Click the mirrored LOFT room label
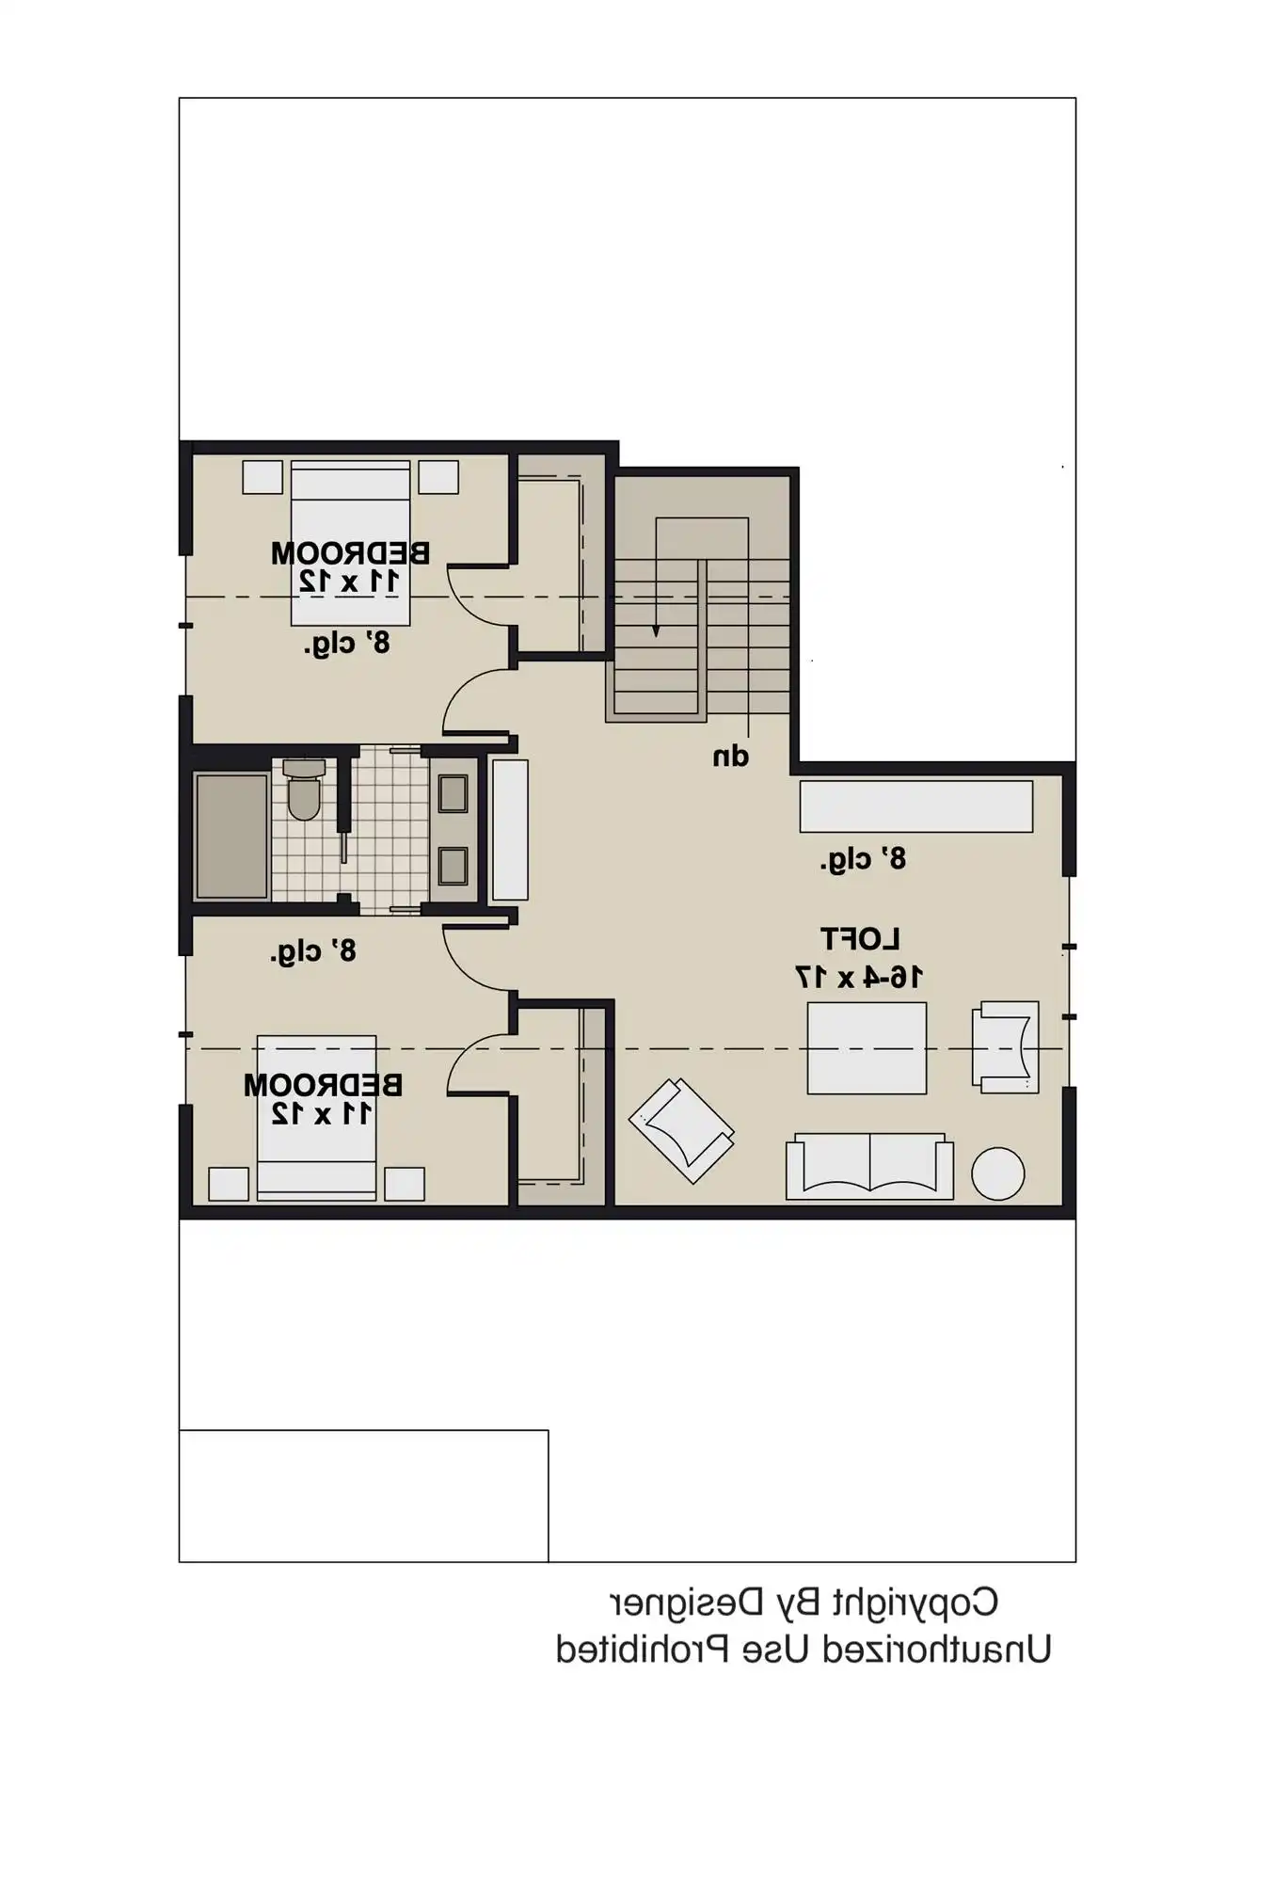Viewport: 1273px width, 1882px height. (860, 939)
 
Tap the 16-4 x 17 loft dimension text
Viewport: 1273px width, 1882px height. (858, 977)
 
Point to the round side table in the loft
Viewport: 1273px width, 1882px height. (997, 1173)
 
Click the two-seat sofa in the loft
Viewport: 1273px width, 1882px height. (869, 1167)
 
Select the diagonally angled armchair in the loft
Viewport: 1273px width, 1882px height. (682, 1129)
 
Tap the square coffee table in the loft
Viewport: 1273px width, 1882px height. (867, 1047)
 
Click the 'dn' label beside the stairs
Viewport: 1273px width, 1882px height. (730, 757)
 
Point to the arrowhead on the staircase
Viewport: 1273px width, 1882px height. (656, 630)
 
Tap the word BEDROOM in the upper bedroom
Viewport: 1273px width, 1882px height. (350, 553)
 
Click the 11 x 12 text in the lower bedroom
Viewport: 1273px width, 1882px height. (322, 1114)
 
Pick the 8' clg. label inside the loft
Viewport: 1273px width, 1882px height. (863, 858)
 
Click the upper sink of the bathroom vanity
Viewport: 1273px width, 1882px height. (453, 793)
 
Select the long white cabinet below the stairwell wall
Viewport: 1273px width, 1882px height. (915, 805)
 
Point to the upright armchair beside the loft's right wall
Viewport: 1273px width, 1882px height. (1006, 1046)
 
